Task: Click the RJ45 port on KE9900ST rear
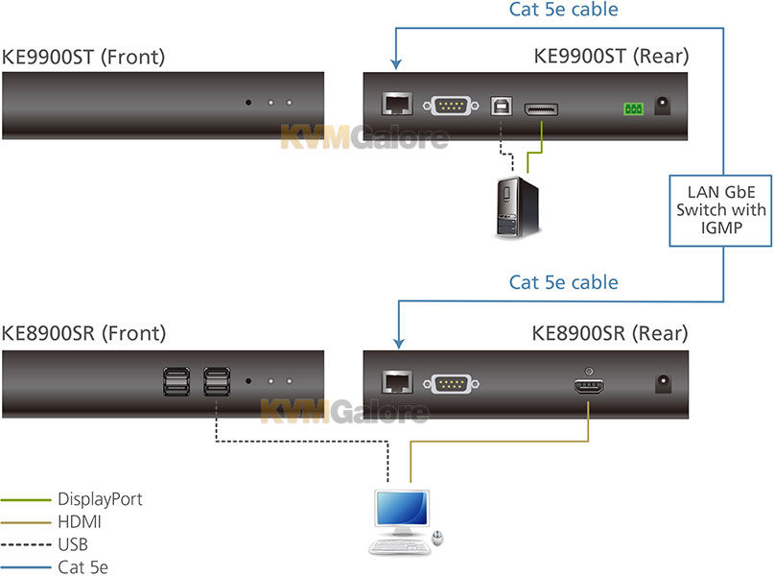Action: click(397, 104)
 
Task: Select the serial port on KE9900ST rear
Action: click(451, 106)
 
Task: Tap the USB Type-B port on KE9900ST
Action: click(501, 106)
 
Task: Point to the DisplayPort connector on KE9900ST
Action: click(541, 109)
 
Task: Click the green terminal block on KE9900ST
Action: click(633, 108)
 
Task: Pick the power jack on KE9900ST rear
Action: click(663, 106)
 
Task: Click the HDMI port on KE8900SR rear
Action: click(589, 385)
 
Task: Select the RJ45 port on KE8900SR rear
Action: click(397, 382)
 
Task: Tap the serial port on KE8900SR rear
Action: click(451, 384)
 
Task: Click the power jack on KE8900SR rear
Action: click(663, 384)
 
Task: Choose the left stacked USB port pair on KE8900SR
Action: click(176, 381)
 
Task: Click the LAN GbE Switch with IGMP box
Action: click(720, 210)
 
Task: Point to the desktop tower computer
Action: click(517, 207)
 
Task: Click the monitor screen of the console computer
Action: click(402, 509)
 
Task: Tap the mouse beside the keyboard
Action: click(437, 537)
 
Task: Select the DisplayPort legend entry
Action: click(72, 499)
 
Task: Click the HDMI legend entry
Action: click(51, 521)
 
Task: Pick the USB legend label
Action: click(73, 544)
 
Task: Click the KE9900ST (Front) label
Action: click(83, 57)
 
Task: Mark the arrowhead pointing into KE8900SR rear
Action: click(399, 344)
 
